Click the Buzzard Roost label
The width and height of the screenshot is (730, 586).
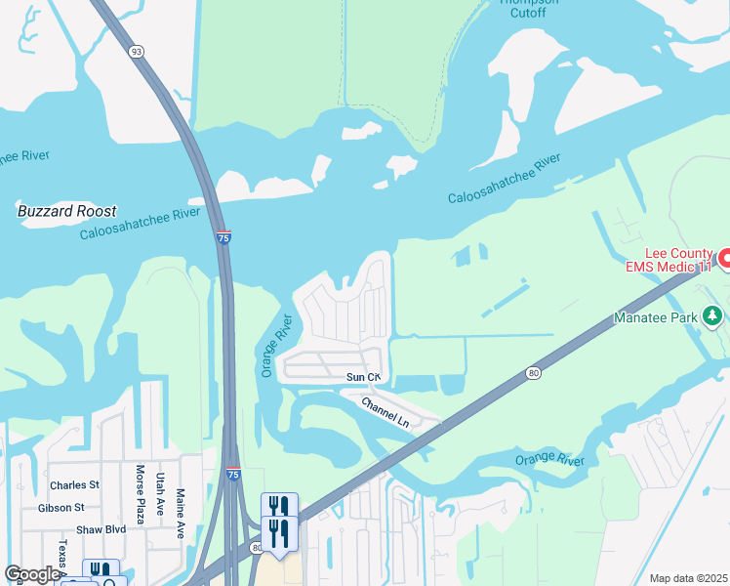pyautogui.click(x=66, y=211)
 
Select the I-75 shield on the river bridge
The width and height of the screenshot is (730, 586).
pyautogui.click(x=223, y=237)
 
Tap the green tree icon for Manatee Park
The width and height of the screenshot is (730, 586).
pyautogui.click(x=714, y=315)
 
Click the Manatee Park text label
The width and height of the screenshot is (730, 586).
pyautogui.click(x=655, y=317)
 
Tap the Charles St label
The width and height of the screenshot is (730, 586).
pyautogui.click(x=75, y=484)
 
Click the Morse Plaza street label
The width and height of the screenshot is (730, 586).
pyautogui.click(x=141, y=493)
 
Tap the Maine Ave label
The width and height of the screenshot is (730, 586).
pyautogui.click(x=181, y=516)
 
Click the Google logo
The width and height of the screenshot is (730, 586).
pyautogui.click(x=31, y=574)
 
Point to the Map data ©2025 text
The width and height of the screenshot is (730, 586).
pyautogui.click(x=688, y=578)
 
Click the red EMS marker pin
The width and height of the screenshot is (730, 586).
pyautogui.click(x=724, y=259)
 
